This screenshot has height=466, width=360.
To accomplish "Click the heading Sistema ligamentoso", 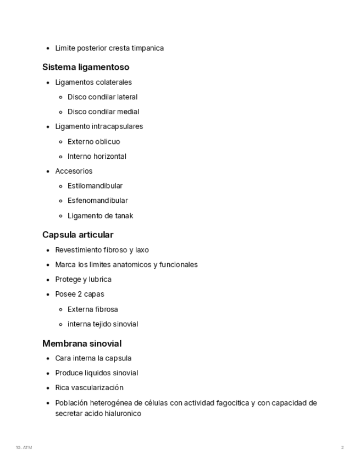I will [86, 67].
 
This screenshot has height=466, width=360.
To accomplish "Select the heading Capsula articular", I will [77, 235].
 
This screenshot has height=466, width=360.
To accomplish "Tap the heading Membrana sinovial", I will [82, 343].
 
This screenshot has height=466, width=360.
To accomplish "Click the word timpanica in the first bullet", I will [147, 48].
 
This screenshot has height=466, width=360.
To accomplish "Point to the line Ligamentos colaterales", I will [93, 82].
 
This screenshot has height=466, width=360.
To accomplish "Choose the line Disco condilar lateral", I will [102, 97].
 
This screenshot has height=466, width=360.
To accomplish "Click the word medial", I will [128, 112].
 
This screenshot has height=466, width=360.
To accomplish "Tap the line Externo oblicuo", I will [93, 142].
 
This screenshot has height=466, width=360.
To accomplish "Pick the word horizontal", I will [110, 157].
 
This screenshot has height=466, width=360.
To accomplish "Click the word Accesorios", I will [74, 171].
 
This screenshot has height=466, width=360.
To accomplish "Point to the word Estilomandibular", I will [95, 186].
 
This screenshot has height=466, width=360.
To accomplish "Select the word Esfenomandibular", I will [98, 201].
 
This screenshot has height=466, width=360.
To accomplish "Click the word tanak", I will [124, 216].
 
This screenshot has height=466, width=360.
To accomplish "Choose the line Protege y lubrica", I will [83, 279].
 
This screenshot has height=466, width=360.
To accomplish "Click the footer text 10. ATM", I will [24, 447].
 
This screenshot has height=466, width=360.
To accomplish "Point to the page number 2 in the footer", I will [342, 447].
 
